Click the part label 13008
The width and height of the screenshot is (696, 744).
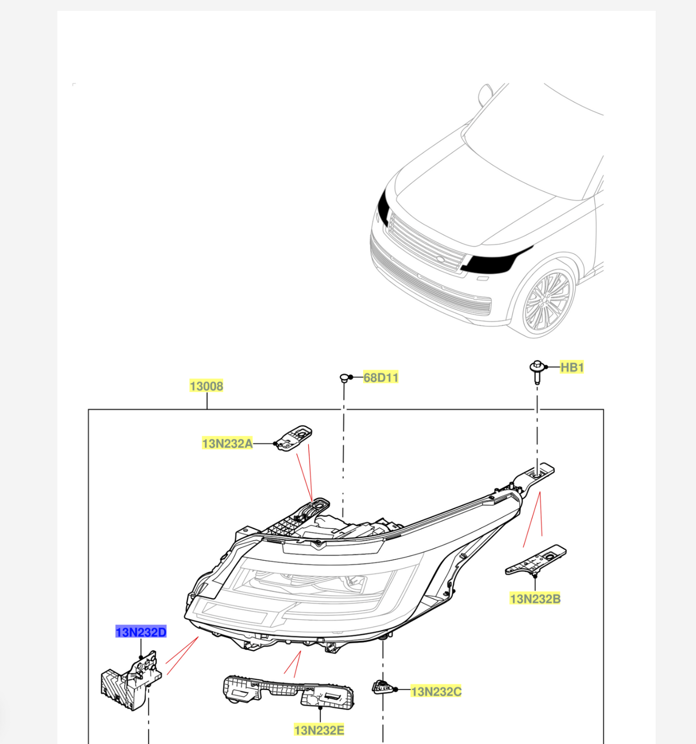coord(206,386)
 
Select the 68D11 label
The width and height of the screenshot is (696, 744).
coord(381,377)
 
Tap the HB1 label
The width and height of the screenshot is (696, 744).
coord(572,368)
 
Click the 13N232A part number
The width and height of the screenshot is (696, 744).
coord(227,443)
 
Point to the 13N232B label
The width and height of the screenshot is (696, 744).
coord(535,599)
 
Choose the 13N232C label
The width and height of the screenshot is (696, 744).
coord(435,691)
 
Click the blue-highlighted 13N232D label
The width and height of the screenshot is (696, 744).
coord(141,632)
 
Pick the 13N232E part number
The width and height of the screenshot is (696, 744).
coord(319,731)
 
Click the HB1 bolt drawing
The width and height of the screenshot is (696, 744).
coord(537,372)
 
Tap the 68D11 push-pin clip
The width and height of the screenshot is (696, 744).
coord(344,378)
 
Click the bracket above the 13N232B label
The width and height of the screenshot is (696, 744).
coord(536,560)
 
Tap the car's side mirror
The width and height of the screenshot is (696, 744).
coord(485,93)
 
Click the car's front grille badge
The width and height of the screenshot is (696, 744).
coord(440,260)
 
